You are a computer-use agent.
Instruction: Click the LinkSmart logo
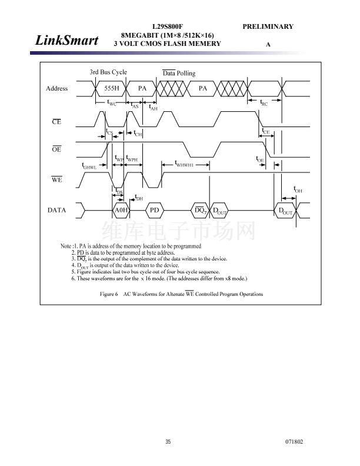point(66,41)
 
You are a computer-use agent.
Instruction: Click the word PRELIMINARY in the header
point(267,26)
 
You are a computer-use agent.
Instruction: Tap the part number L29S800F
point(168,26)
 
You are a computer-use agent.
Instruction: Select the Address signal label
point(57,88)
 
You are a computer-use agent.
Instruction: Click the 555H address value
point(112,88)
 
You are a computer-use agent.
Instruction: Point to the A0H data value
point(121,210)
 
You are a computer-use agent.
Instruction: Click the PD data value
point(155,210)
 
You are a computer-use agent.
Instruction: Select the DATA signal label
point(57,210)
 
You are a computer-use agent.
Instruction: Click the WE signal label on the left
point(56,180)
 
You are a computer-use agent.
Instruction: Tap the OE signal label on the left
point(56,150)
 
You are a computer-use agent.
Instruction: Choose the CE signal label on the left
point(56,122)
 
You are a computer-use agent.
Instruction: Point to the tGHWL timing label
point(89,165)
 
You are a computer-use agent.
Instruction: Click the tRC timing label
point(264,102)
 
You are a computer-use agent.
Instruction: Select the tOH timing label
point(298,189)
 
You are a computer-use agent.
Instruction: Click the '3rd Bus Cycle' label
point(108,72)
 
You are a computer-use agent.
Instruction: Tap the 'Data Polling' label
point(179,74)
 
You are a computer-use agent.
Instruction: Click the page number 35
point(168,442)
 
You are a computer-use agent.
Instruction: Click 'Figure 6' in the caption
point(109,294)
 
